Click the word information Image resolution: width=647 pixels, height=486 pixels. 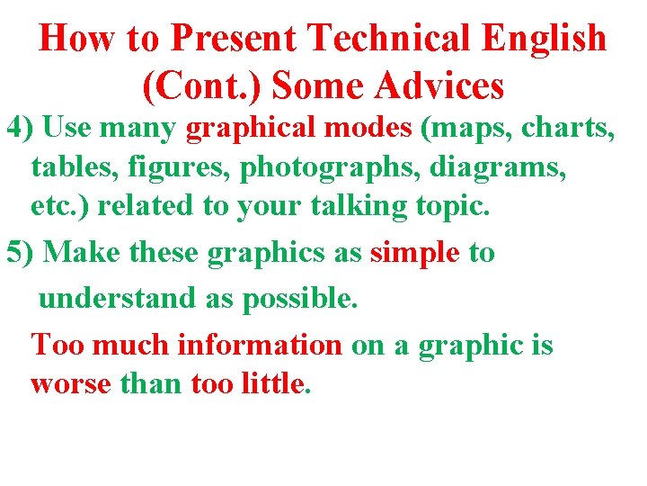tap(261, 345)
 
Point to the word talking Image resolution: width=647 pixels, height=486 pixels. tap(366, 207)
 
